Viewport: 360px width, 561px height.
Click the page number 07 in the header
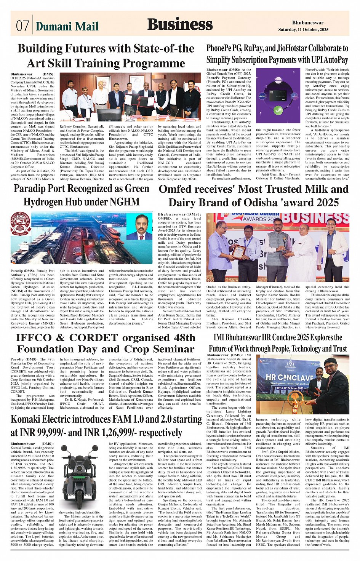(22, 26)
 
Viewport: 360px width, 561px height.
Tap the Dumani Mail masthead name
(67, 26)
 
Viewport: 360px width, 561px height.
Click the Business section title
(180, 24)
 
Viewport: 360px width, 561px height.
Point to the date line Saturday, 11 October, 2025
(303, 29)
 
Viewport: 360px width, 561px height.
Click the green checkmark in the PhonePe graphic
(278, 110)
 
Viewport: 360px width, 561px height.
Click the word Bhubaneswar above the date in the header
(308, 23)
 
